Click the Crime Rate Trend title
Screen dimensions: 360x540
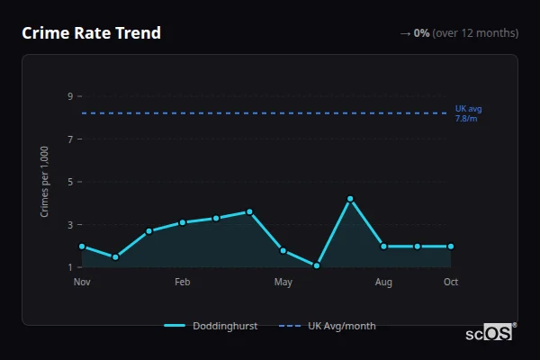(91, 33)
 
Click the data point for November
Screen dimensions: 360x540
(82, 246)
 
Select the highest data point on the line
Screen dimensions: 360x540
(350, 199)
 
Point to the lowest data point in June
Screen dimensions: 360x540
(317, 265)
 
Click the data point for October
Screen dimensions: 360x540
(451, 246)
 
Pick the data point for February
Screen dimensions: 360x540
(183, 222)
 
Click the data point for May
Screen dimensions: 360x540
(283, 250)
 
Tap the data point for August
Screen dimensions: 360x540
(383, 246)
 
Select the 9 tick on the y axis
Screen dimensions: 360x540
(69, 96)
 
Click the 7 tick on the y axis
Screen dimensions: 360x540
(69, 139)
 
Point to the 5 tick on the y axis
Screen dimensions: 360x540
(69, 182)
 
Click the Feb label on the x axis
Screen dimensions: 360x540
(183, 283)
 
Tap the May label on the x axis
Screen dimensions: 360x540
(283, 283)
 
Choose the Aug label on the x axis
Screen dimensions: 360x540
(383, 283)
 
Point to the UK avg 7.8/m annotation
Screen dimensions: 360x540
(468, 113)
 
